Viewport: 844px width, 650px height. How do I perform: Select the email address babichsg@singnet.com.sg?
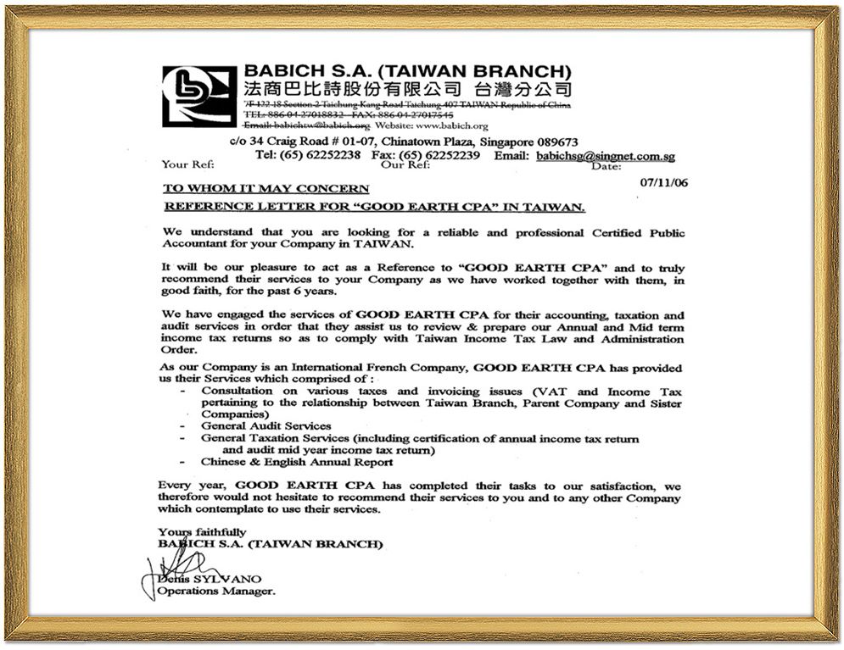click(606, 156)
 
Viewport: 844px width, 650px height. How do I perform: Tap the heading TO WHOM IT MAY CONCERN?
click(265, 188)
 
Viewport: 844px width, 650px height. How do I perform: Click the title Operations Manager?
click(216, 592)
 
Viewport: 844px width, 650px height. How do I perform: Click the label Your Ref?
click(187, 165)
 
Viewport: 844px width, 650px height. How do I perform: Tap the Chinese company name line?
click(407, 89)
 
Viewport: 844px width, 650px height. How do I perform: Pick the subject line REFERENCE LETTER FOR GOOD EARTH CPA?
click(374, 207)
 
